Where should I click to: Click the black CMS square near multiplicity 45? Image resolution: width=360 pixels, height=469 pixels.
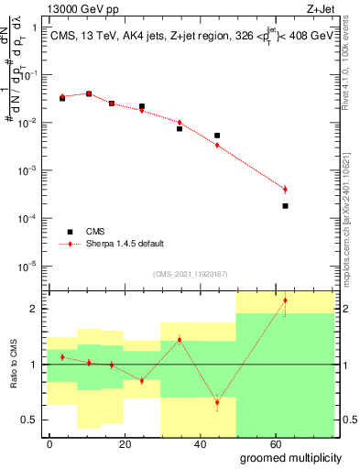(217, 136)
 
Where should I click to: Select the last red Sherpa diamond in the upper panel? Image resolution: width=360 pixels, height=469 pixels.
(285, 189)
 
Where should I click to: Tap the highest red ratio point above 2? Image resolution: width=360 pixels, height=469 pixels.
(285, 300)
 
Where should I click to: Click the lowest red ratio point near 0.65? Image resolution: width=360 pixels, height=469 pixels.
(217, 402)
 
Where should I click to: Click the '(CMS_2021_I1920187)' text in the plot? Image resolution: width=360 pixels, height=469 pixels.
(189, 274)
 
